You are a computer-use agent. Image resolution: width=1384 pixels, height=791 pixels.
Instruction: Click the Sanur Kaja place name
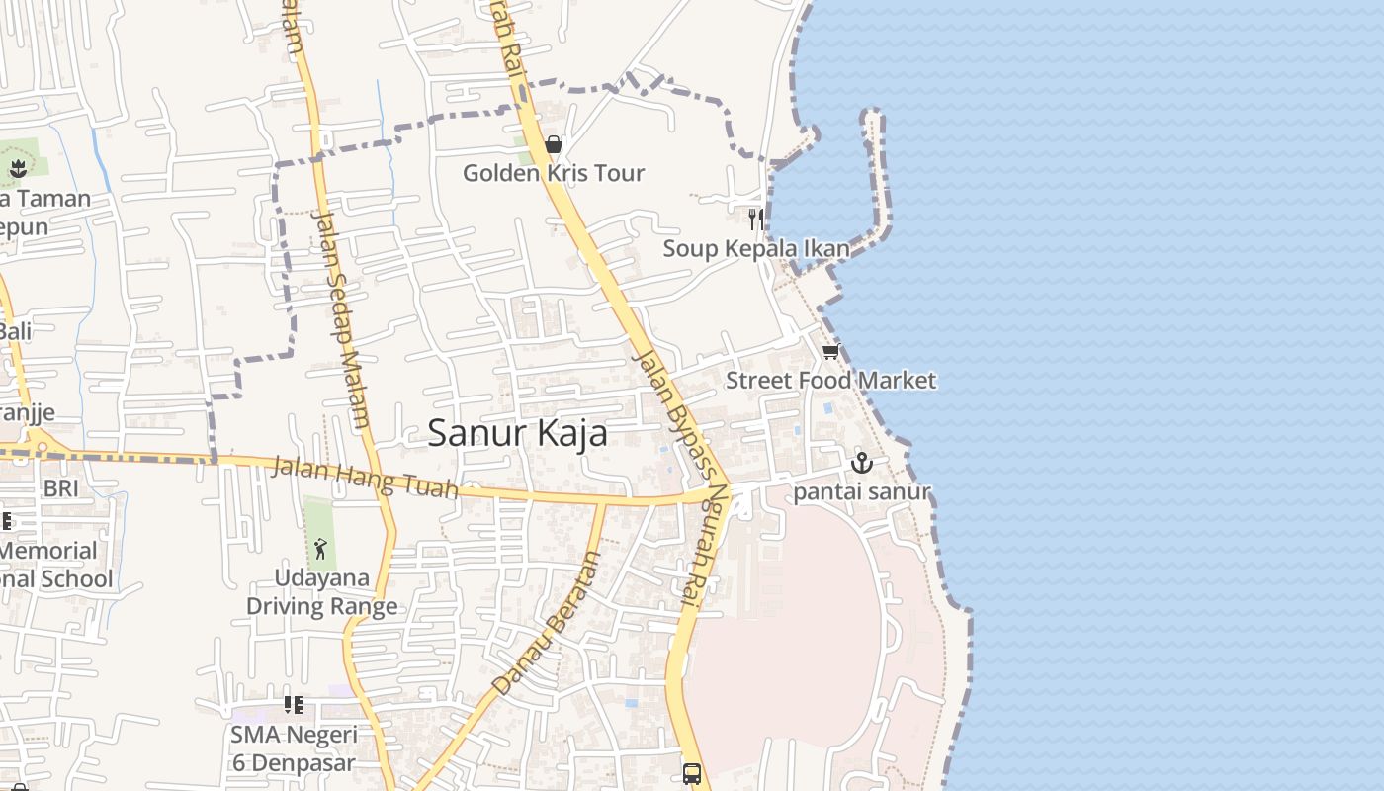(x=517, y=433)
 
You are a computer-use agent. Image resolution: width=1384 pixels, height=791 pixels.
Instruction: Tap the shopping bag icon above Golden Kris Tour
(x=554, y=145)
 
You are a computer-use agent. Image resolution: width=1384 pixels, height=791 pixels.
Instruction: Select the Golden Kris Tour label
(x=554, y=173)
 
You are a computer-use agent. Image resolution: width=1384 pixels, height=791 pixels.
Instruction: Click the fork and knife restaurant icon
(x=755, y=219)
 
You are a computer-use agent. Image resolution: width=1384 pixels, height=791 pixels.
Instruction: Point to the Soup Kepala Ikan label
(x=755, y=248)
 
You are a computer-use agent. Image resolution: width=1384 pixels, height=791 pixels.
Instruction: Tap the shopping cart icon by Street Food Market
(x=830, y=352)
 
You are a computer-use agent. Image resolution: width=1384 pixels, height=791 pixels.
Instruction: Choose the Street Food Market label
(x=830, y=381)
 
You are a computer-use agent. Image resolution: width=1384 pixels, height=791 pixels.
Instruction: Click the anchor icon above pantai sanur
(x=862, y=462)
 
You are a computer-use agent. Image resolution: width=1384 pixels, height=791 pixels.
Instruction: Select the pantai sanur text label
(x=862, y=491)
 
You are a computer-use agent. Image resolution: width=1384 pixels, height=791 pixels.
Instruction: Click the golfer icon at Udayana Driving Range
(x=320, y=548)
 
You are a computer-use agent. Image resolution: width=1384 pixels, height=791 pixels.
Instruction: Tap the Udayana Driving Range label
(x=321, y=592)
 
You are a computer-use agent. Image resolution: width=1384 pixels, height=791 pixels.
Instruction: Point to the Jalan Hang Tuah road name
(x=366, y=477)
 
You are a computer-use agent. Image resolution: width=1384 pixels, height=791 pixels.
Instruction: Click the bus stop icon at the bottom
(x=692, y=773)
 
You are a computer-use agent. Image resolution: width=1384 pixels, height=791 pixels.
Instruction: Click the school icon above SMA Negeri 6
(x=293, y=705)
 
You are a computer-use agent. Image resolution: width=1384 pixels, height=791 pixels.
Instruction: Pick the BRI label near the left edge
(x=60, y=488)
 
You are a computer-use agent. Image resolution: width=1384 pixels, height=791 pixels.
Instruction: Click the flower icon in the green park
(x=18, y=168)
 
